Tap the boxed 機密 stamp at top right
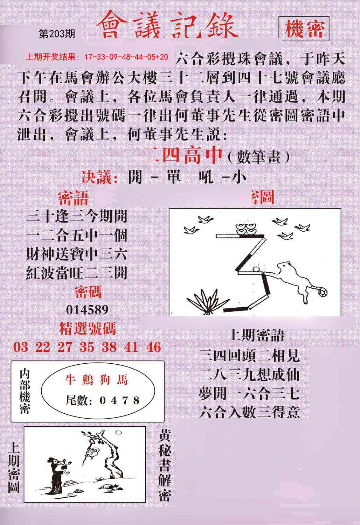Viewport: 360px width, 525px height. (x=304, y=29)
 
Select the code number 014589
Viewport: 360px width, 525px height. (x=87, y=310)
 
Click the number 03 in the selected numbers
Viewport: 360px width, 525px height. (x=21, y=347)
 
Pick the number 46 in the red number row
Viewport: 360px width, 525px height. (x=154, y=347)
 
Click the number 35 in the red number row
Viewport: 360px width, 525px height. (x=87, y=347)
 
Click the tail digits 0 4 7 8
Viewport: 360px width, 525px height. (x=119, y=400)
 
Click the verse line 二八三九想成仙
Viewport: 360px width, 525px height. (x=249, y=375)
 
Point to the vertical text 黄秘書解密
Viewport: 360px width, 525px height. (x=165, y=465)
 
